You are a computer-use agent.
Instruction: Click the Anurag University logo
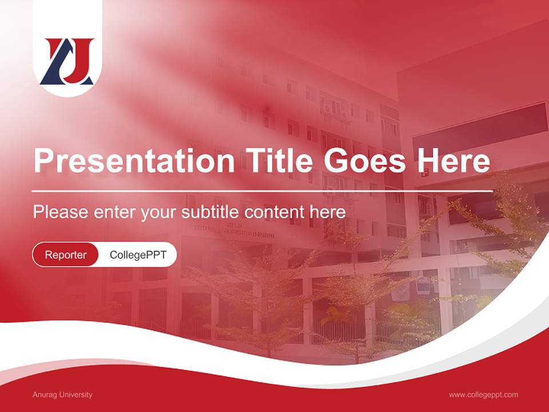[x=67, y=61]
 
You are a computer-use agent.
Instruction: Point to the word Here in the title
[x=453, y=161]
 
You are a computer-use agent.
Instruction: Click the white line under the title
[x=262, y=191]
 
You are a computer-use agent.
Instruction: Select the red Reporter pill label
[x=66, y=255]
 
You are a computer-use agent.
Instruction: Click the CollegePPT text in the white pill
[x=138, y=255]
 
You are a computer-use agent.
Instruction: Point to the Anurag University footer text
[x=62, y=395]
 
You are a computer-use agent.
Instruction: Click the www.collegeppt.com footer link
[x=483, y=395]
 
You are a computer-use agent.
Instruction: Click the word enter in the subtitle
[x=114, y=212]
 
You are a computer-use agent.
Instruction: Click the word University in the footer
[x=76, y=395]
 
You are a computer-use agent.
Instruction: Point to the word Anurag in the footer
[x=44, y=395]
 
